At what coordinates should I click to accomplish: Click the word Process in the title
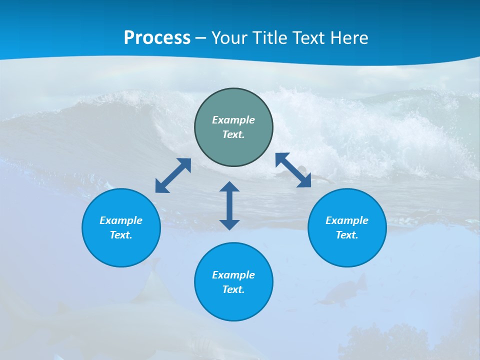point(157,37)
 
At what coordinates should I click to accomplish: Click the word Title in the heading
point(271,37)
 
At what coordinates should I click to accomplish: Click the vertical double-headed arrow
point(229,205)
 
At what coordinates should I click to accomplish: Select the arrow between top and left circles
point(173,175)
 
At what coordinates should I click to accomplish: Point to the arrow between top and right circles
point(293,170)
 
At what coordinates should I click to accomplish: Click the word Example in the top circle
point(233,120)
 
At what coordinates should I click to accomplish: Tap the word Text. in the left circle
point(121,235)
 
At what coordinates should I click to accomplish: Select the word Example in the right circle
point(347,220)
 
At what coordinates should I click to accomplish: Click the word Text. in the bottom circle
point(233,289)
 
